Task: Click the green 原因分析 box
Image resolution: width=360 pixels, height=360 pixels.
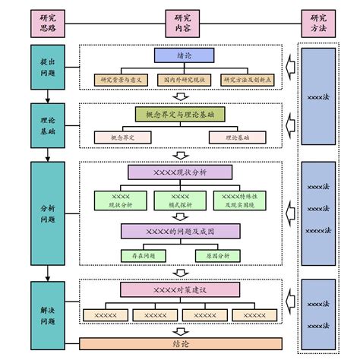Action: (x=216, y=256)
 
